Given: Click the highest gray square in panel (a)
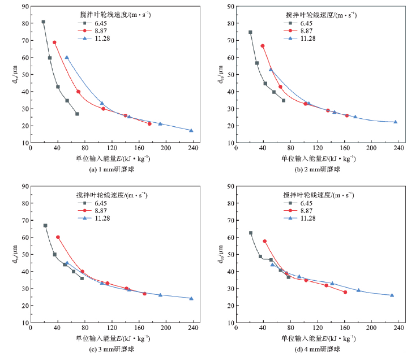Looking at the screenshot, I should tap(44, 22).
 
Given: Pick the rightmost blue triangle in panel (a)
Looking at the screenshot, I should tap(191, 131).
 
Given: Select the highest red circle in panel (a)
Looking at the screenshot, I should tap(55, 42).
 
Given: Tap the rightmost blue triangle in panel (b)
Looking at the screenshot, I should tap(396, 122).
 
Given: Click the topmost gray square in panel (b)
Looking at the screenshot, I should tap(250, 32).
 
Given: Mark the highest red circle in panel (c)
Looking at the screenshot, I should tap(58, 237).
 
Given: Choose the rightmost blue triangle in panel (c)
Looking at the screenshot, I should tap(191, 298).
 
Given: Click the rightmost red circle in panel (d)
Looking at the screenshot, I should tap(345, 292).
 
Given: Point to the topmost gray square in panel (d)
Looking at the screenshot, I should tap(251, 233).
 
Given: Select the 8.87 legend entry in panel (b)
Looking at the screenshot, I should tap(307, 31).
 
